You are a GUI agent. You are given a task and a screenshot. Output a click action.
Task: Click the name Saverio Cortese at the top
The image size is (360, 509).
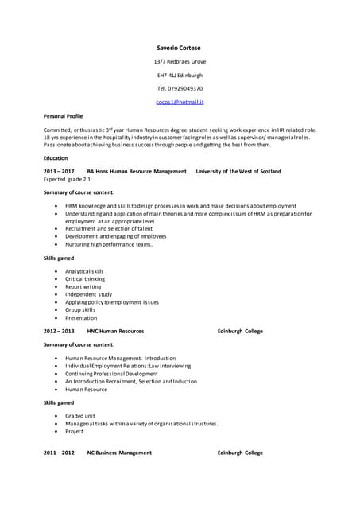[x=180, y=48]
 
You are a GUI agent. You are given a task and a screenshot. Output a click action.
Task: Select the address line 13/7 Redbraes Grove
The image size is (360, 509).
[x=180, y=61]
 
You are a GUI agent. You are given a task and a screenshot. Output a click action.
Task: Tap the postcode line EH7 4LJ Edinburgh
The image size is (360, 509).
[x=180, y=75]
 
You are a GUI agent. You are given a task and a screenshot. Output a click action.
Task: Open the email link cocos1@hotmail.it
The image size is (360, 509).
[x=180, y=103]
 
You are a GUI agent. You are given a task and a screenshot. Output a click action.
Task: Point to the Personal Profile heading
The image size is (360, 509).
[x=63, y=116]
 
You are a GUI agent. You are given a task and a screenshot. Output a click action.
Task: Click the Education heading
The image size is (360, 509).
[x=56, y=158]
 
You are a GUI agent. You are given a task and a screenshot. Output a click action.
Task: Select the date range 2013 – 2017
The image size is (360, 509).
[x=59, y=171]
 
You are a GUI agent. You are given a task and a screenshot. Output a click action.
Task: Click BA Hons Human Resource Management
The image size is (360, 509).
[x=137, y=171]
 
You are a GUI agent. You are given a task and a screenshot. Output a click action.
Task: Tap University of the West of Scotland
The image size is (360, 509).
[x=238, y=171]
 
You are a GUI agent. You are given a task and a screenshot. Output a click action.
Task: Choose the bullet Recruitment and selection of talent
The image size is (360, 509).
[x=110, y=227]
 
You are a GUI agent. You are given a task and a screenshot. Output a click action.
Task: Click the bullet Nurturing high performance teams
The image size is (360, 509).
[x=108, y=244]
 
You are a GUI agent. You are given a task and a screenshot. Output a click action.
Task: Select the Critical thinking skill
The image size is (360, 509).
[x=85, y=279]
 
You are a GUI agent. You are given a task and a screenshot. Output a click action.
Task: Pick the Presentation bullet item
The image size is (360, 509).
[x=81, y=317]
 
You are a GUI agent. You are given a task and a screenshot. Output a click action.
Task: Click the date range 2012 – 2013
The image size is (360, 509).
[x=59, y=331]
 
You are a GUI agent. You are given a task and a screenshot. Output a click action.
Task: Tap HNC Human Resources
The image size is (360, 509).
[x=115, y=331]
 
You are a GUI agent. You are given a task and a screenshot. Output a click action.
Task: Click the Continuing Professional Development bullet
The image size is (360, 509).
[x=111, y=374]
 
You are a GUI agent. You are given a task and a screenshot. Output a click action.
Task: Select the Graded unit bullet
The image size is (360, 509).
[x=80, y=416]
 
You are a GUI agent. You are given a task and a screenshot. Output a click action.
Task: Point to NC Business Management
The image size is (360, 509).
[x=119, y=453]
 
